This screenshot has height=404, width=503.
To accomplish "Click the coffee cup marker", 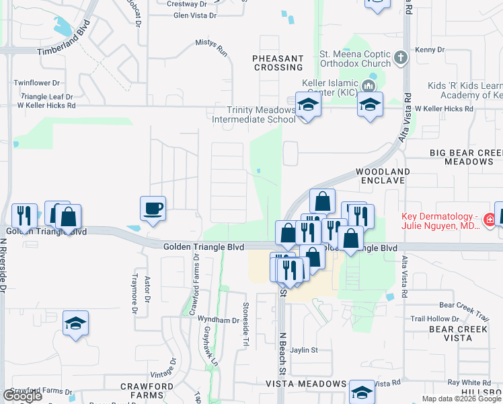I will (153, 208).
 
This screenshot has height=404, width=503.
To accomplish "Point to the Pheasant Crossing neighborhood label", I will (278, 63).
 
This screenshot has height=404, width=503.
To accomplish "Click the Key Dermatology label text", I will (440, 221).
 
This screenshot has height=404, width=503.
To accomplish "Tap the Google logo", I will (22, 396).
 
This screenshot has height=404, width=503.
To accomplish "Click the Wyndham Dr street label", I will (219, 321).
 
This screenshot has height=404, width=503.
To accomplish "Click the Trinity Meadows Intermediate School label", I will (253, 114).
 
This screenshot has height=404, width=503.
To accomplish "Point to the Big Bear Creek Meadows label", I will (465, 158).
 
